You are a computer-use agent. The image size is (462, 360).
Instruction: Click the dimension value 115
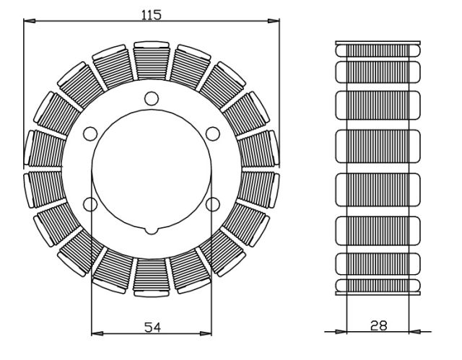152,14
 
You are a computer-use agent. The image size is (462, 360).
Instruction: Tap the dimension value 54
152,327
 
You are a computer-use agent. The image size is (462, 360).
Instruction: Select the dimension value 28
378,325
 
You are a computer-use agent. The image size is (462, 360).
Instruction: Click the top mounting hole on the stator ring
151,98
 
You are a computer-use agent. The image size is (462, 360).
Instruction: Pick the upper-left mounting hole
90,133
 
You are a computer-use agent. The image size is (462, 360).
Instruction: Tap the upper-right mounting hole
212,133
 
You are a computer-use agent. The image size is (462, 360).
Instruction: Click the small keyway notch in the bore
151,231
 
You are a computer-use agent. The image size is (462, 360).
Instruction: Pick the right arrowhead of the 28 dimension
414,332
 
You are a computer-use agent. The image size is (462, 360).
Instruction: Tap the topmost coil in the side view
378,49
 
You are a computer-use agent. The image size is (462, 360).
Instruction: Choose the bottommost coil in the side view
378,287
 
